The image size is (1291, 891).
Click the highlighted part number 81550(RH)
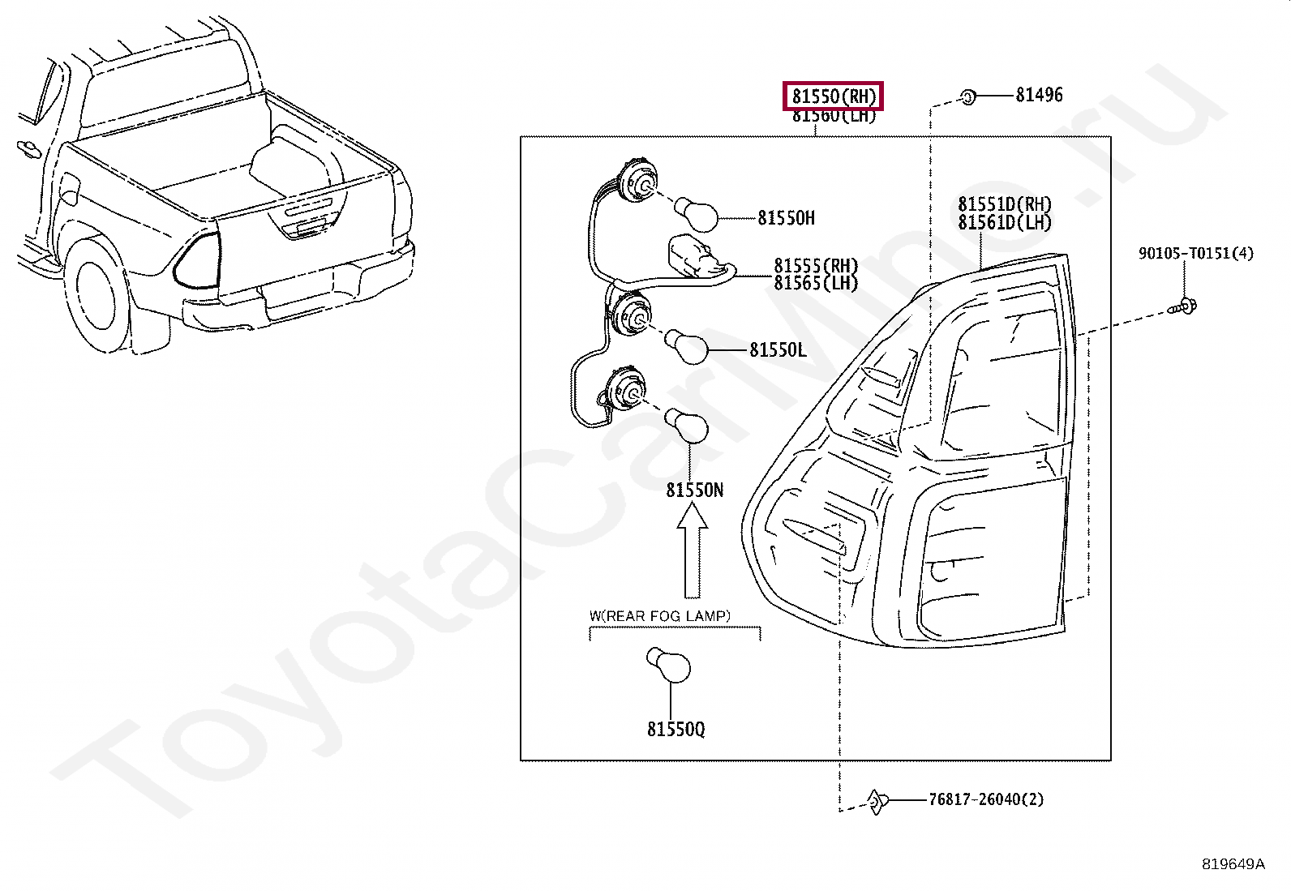[x=834, y=96]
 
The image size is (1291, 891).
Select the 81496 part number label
[x=1039, y=95]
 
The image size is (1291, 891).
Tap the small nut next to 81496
[x=967, y=96]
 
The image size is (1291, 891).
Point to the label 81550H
[x=786, y=218]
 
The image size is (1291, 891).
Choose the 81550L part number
[x=778, y=350]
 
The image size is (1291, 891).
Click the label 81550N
[x=694, y=490]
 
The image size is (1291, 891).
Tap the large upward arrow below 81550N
[x=693, y=551]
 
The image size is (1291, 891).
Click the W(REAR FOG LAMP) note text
[x=659, y=616]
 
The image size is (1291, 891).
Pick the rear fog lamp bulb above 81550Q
[x=670, y=666]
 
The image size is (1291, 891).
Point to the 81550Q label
[x=676, y=730]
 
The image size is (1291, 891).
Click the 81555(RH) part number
[x=816, y=266]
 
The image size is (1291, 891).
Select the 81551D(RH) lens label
[x=1004, y=205]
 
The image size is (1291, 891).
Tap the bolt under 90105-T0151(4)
[x=1185, y=306]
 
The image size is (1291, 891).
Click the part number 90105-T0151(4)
[x=1195, y=254]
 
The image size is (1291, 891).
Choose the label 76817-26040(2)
[x=986, y=799]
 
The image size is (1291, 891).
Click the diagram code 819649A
[x=1233, y=863]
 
